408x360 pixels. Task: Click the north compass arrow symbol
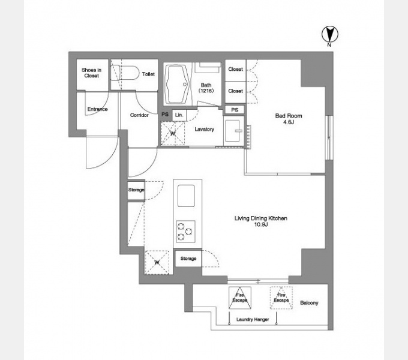click(329, 35)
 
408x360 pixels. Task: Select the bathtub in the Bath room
click(177, 84)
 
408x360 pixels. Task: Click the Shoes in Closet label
click(91, 73)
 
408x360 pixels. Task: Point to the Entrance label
click(97, 109)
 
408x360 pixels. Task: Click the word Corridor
click(139, 115)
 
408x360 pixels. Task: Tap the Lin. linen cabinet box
click(179, 115)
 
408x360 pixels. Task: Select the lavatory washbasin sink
click(233, 131)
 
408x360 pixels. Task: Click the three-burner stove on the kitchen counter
click(185, 232)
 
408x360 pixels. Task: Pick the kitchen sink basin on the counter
click(186, 196)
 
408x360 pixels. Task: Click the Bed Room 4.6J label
click(289, 119)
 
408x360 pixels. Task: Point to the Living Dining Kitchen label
click(261, 221)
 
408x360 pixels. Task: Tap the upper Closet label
click(235, 69)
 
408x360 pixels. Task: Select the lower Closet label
click(235, 91)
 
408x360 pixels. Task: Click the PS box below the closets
click(235, 110)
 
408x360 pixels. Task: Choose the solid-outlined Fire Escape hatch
click(240, 298)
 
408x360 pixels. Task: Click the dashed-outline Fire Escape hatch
click(281, 298)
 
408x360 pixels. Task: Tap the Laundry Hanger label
click(253, 319)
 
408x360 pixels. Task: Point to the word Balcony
click(309, 303)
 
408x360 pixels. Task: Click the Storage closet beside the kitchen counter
click(188, 259)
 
